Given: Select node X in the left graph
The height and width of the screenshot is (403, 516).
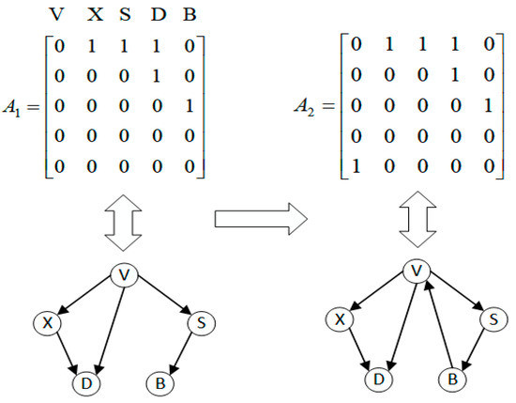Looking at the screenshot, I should tap(46, 322).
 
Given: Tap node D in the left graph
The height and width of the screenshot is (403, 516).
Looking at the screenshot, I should tap(84, 383).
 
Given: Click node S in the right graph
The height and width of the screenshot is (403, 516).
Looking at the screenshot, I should tap(490, 319).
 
